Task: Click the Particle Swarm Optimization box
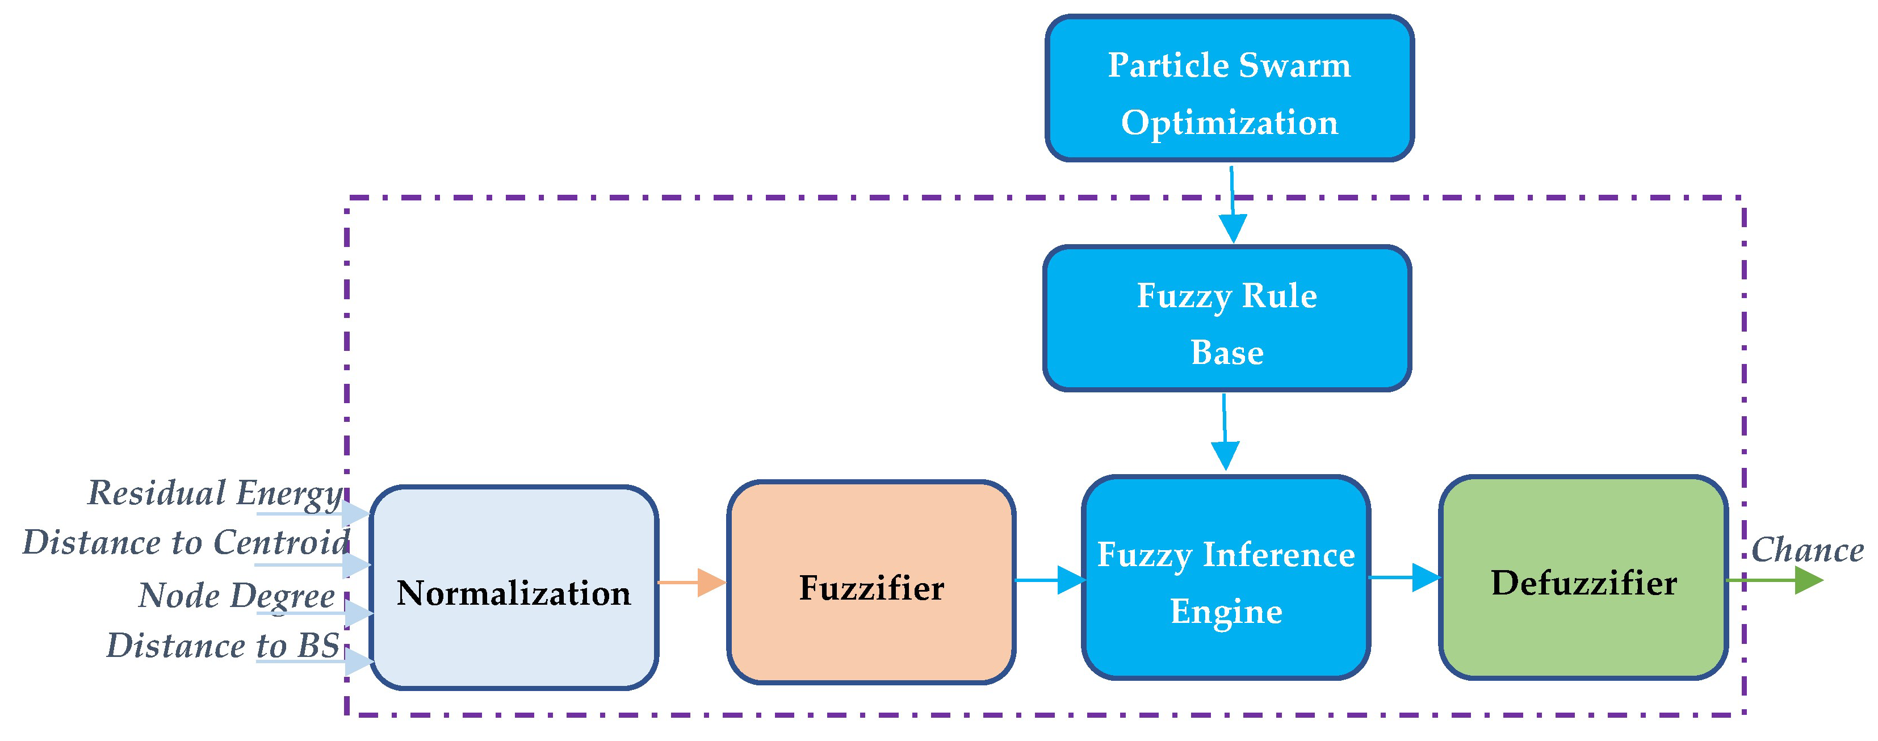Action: pos(1229,88)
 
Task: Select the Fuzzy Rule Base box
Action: pos(1227,319)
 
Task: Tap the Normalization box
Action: pos(514,588)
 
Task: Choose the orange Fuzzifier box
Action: pos(871,582)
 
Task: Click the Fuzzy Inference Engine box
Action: pos(1226,577)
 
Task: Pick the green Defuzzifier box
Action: pos(1583,577)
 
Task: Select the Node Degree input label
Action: pos(236,596)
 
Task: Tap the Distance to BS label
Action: pos(223,646)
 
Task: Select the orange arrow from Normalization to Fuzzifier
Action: pos(691,582)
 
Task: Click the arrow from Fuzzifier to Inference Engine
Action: pos(1050,580)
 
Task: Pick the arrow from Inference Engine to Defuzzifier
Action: pos(1405,577)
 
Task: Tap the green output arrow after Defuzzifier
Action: pos(1775,580)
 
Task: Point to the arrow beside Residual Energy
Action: pos(313,513)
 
